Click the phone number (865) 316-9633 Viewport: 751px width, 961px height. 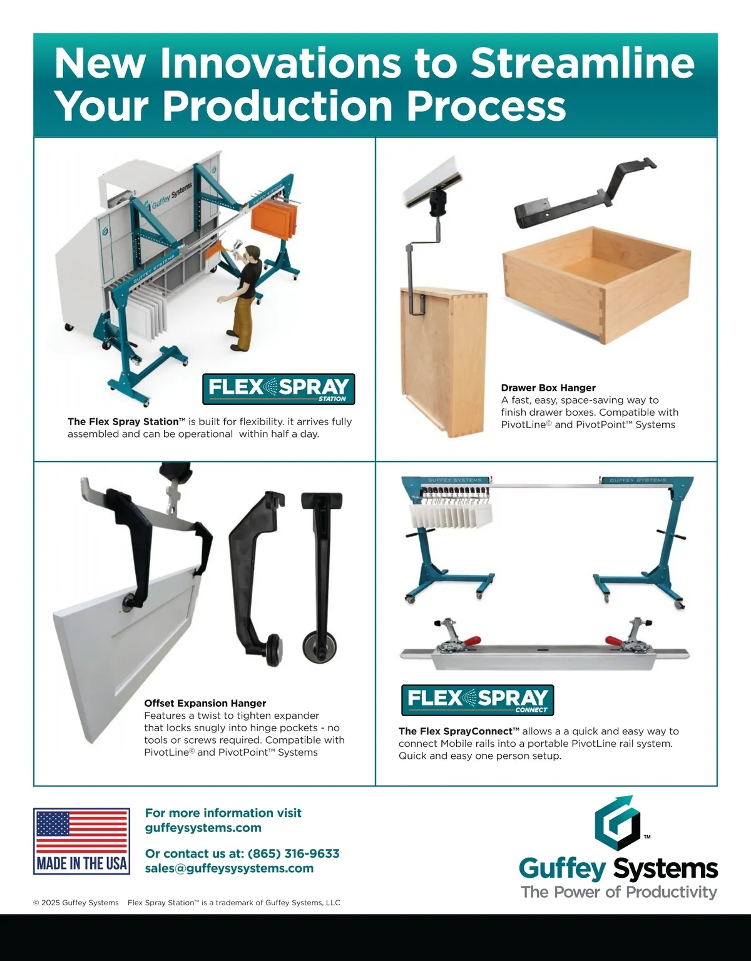(294, 853)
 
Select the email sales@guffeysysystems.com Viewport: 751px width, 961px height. (230, 868)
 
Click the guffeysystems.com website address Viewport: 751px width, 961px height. (203, 828)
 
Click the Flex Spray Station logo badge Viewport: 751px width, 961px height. (278, 389)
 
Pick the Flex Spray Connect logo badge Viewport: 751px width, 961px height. (478, 700)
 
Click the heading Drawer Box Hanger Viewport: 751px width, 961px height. (548, 388)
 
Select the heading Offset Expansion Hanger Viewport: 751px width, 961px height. (205, 703)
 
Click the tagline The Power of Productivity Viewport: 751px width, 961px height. (619, 892)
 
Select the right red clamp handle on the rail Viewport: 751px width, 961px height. (614, 641)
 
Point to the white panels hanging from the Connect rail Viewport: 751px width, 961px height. (451, 516)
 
